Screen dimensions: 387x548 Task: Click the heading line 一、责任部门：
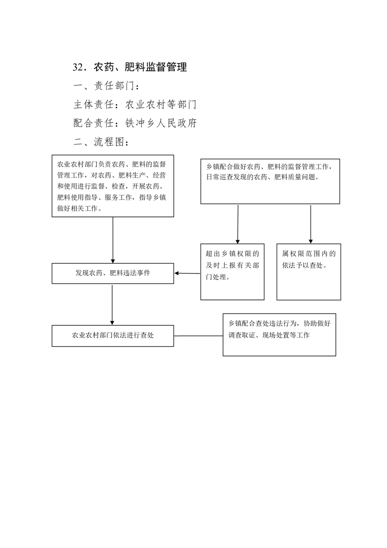point(107,86)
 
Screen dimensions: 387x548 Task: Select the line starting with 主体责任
point(135,105)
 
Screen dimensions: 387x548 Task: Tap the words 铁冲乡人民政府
point(161,123)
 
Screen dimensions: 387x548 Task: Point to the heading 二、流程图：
point(102,142)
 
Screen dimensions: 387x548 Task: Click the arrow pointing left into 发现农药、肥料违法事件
point(187,274)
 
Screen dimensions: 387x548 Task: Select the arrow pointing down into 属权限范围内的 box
point(310,224)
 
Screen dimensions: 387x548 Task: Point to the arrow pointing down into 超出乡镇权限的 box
point(238,224)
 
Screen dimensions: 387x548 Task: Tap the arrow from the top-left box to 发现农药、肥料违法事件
point(113,240)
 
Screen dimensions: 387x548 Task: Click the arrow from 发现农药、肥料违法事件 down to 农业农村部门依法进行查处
point(112,304)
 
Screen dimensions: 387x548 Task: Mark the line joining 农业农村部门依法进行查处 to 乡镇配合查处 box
point(199,336)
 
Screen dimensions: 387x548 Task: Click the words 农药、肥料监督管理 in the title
point(141,67)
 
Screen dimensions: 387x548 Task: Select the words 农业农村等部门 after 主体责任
point(161,105)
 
